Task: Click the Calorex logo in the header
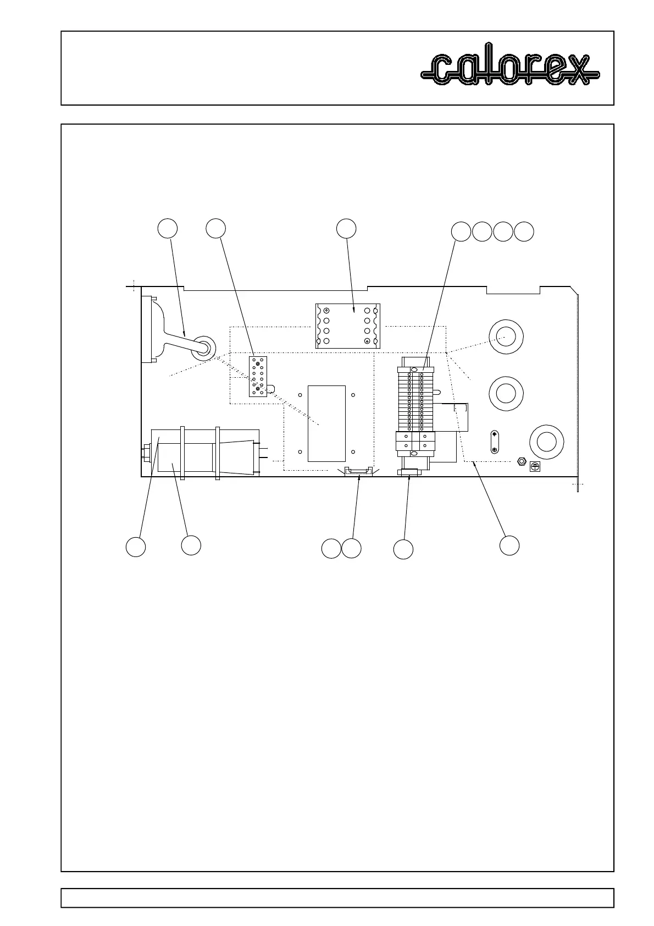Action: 510,70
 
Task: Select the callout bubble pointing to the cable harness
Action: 168,229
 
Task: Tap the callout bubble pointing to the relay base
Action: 346,229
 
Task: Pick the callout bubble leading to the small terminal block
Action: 216,229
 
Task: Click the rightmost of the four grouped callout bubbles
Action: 524,232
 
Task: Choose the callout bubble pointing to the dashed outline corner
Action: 509,545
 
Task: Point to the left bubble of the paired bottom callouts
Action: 331,548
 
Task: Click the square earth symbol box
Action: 534,466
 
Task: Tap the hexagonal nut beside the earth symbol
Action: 521,460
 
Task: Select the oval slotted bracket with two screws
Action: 495,442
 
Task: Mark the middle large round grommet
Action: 506,393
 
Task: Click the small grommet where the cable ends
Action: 203,348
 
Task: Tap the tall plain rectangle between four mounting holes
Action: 326,423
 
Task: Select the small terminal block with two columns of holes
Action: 257,377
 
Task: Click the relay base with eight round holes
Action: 347,326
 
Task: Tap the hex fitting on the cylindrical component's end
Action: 146,454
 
